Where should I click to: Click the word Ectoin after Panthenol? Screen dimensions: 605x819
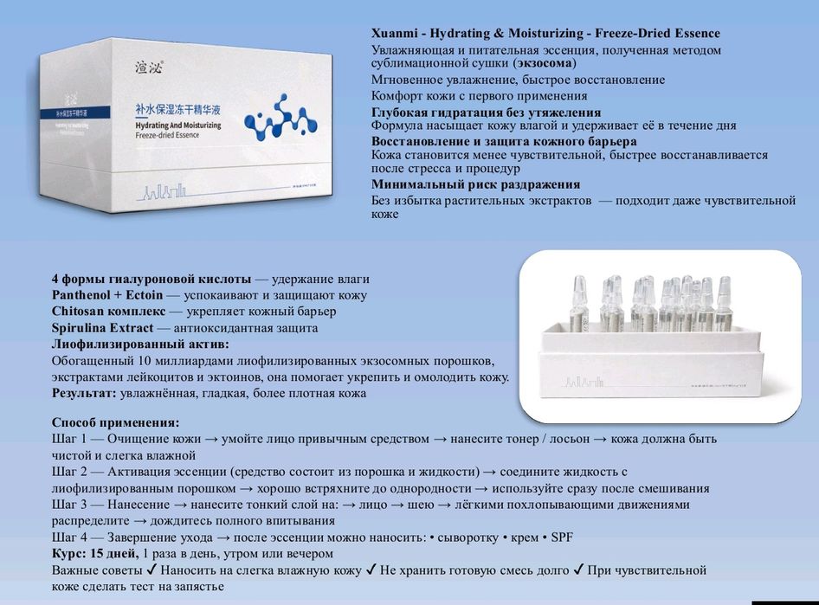tap(150, 295)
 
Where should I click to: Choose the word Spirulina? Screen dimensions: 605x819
tap(81, 328)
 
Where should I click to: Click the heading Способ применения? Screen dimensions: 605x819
tap(116, 422)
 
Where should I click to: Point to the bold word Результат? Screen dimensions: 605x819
tap(84, 393)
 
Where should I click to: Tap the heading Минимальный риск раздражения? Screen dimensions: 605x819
tap(475, 184)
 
